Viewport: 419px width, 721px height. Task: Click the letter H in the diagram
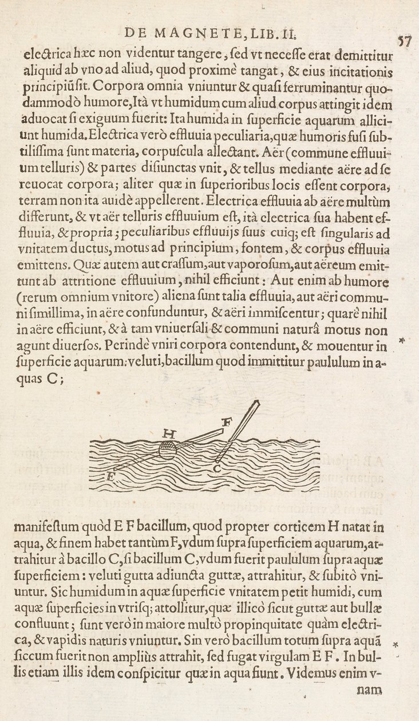pos(168,434)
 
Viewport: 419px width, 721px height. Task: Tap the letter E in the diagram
pos(110,476)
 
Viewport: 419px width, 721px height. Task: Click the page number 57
pos(406,41)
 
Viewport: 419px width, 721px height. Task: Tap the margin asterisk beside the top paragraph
pos(402,341)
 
